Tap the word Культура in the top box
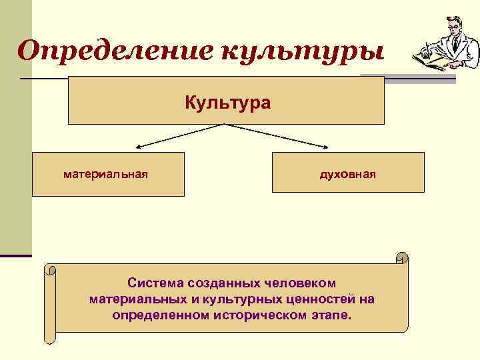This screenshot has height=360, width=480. point(227,103)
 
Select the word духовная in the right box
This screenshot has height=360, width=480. point(348,174)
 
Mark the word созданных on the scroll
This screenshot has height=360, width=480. point(223,283)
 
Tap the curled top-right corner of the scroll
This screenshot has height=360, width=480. point(401,257)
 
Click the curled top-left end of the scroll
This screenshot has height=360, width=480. point(51,270)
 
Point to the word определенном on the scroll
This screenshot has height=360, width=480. point(159,314)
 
